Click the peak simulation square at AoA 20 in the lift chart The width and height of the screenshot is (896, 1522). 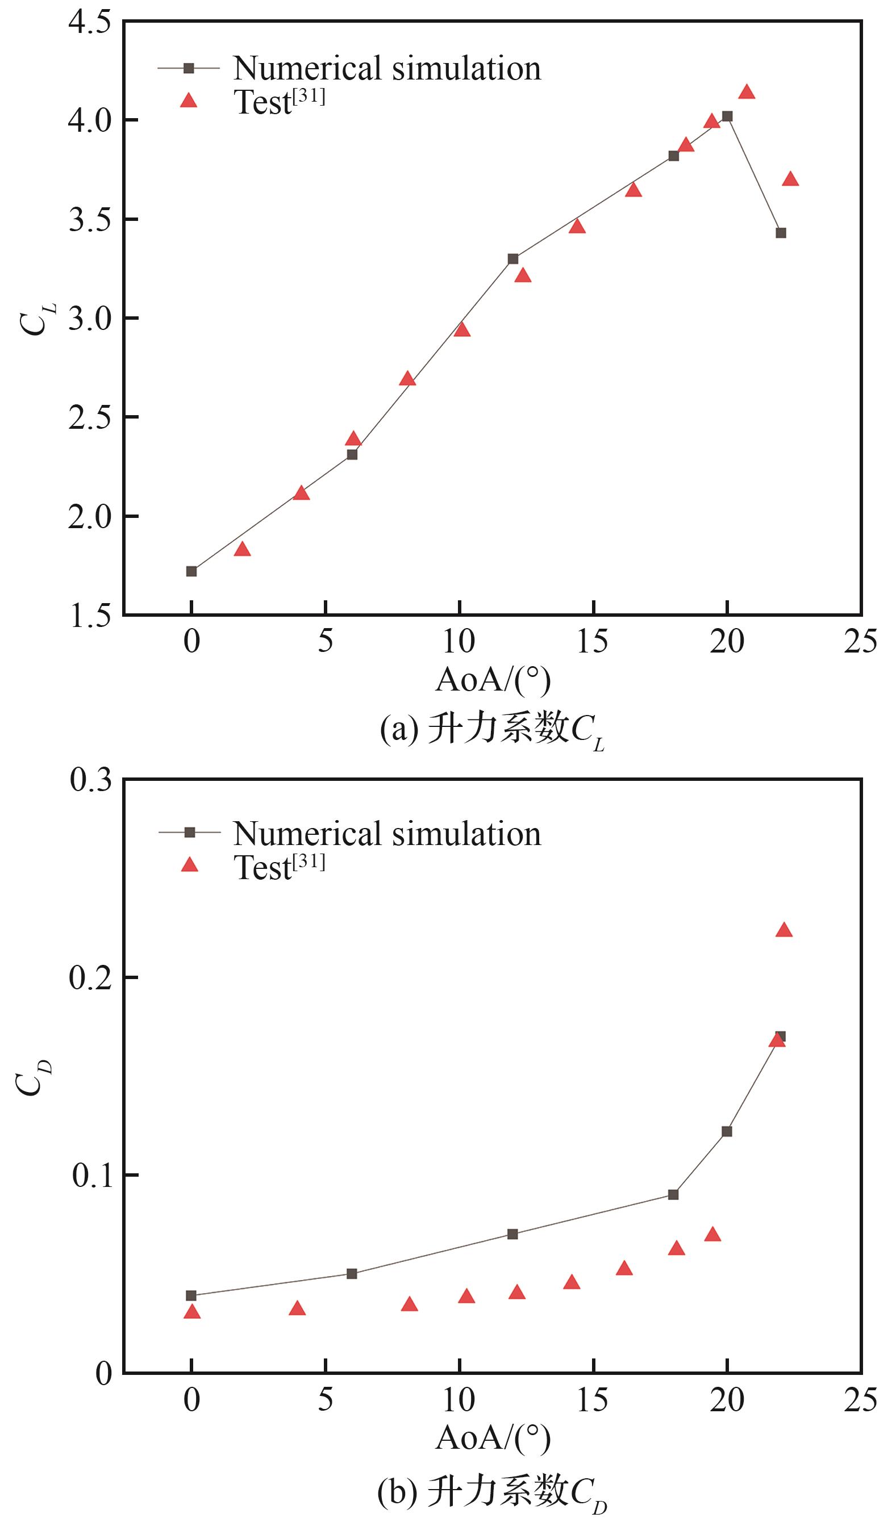point(727,116)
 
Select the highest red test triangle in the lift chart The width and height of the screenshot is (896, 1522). point(747,92)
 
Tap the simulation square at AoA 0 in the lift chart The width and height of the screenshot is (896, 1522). point(191,571)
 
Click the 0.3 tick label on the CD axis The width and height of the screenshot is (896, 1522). point(91,780)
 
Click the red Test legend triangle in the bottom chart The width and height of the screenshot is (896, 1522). point(190,865)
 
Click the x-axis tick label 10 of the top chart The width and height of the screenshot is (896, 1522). point(459,642)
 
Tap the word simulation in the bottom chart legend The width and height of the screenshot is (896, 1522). point(466,834)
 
